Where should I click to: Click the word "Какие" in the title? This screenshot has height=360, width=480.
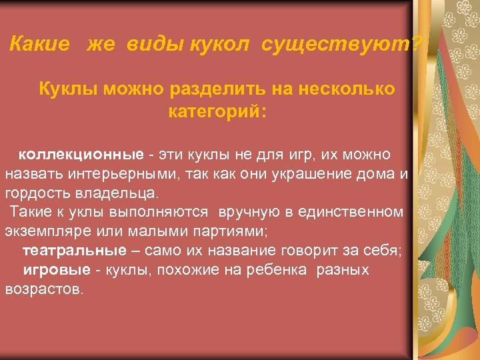click(40, 45)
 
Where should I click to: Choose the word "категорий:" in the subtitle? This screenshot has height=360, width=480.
click(217, 111)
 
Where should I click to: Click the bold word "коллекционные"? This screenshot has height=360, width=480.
click(81, 155)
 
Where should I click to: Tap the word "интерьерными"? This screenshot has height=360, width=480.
click(122, 175)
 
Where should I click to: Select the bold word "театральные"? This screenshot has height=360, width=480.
click(74, 251)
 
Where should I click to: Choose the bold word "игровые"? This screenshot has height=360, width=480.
click(57, 270)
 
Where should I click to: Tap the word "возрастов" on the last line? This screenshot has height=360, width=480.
click(43, 289)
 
